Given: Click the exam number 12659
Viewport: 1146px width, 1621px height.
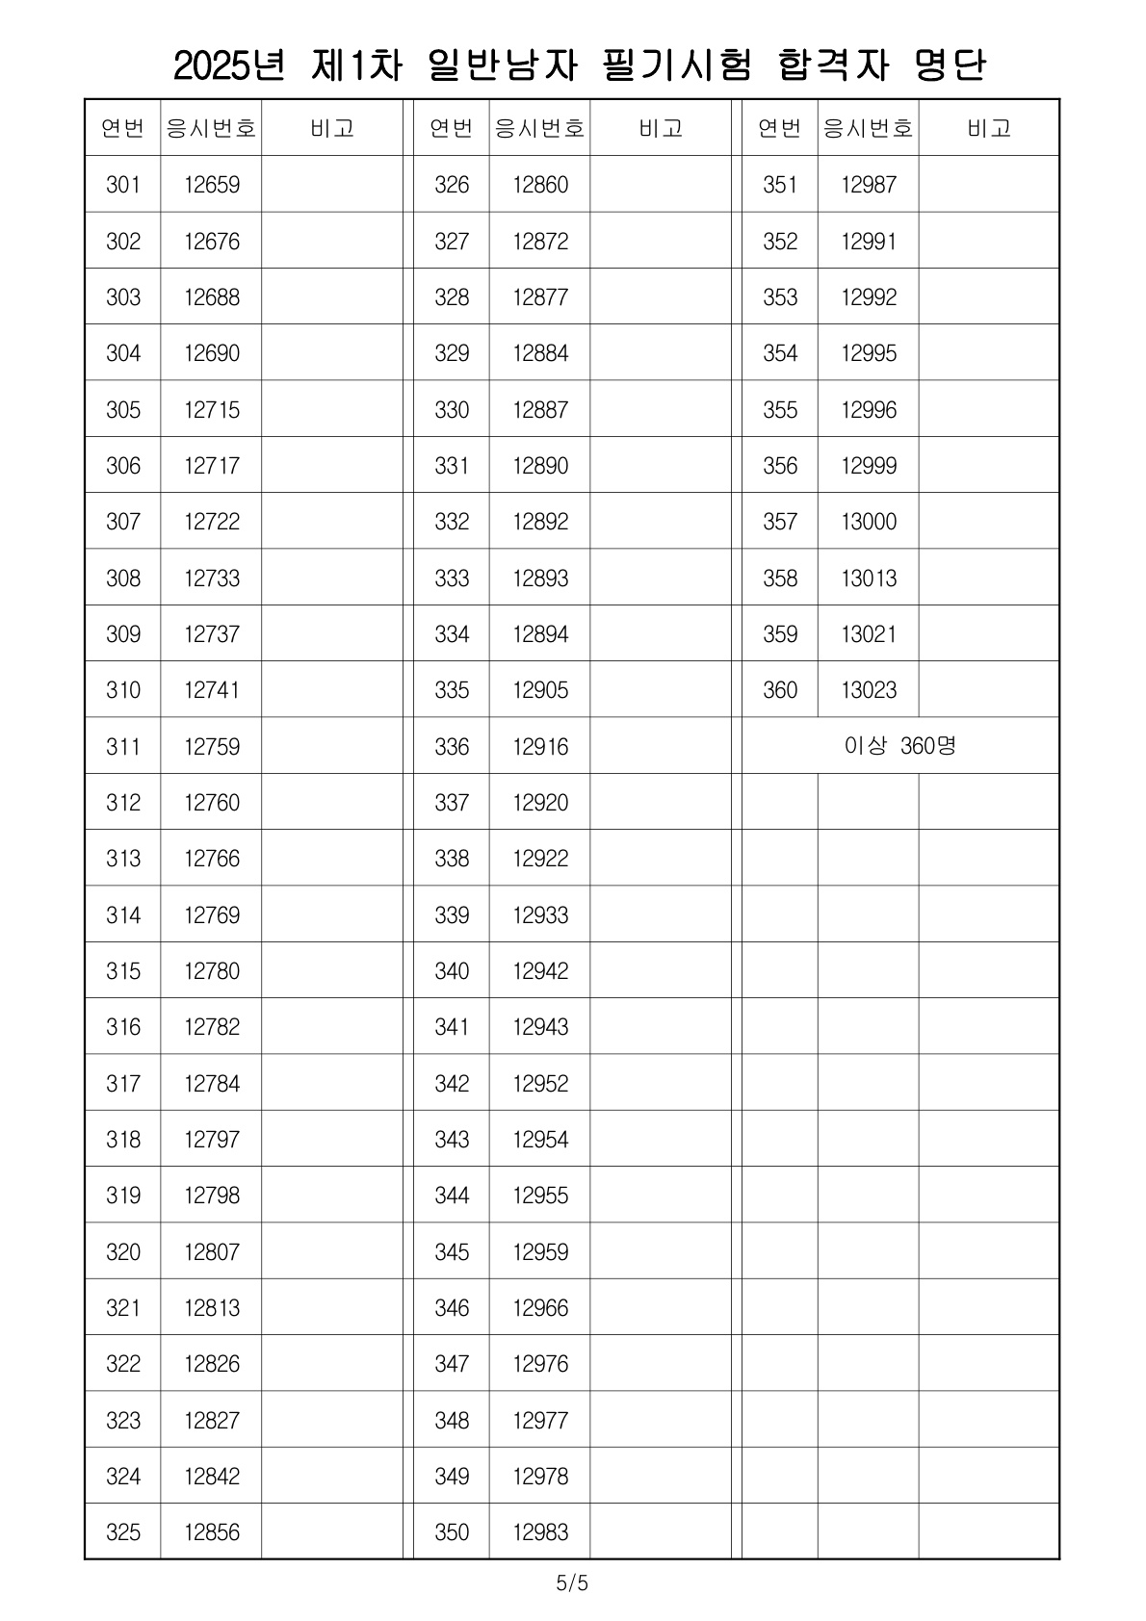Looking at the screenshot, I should tap(212, 185).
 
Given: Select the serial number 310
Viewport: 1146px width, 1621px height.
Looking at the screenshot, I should tap(123, 690).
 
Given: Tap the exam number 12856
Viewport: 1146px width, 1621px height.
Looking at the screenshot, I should tap(212, 1532).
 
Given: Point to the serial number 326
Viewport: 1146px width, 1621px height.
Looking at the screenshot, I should tap(452, 185).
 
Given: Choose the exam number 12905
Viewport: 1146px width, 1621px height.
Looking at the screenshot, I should tap(540, 690).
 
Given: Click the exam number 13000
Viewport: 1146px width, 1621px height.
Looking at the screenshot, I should tap(869, 522).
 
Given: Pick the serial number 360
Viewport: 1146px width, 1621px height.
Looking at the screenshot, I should tap(780, 690).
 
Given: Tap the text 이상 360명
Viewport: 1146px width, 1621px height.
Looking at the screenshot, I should tap(900, 746).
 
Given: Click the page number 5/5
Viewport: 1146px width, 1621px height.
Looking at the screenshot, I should tap(572, 1582).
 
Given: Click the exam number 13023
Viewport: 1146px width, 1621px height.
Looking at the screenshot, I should tap(869, 690).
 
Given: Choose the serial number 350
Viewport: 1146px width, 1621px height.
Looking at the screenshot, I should tap(452, 1532).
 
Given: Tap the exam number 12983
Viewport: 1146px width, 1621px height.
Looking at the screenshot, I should tap(540, 1532).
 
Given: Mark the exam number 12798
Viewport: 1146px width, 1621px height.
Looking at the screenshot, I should tap(212, 1196).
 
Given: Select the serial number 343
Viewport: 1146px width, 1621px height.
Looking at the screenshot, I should tap(452, 1140).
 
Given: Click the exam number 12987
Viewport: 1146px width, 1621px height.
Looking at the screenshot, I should tap(869, 185).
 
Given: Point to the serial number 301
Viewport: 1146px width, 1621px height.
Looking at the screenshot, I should tap(123, 185).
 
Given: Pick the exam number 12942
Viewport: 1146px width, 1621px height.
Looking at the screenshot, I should tap(540, 971).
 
